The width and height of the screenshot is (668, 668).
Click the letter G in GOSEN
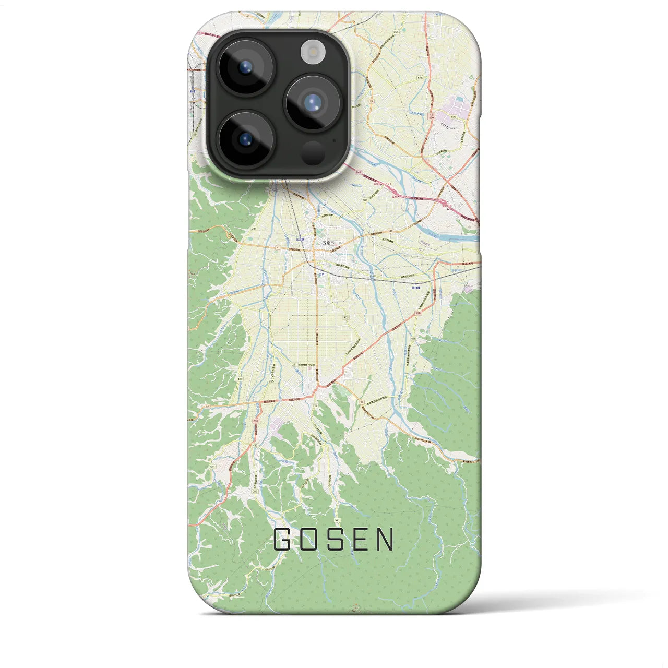click(x=283, y=540)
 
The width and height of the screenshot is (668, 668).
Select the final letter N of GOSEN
click(x=386, y=540)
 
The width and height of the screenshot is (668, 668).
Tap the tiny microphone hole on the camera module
click(x=334, y=140)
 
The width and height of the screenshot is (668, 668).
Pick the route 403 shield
click(x=346, y=317)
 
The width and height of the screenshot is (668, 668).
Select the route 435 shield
click(x=413, y=338)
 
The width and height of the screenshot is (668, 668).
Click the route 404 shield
click(x=240, y=379)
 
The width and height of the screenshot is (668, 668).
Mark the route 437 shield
click(x=255, y=445)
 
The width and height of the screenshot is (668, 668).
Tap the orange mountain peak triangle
click(x=356, y=607)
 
